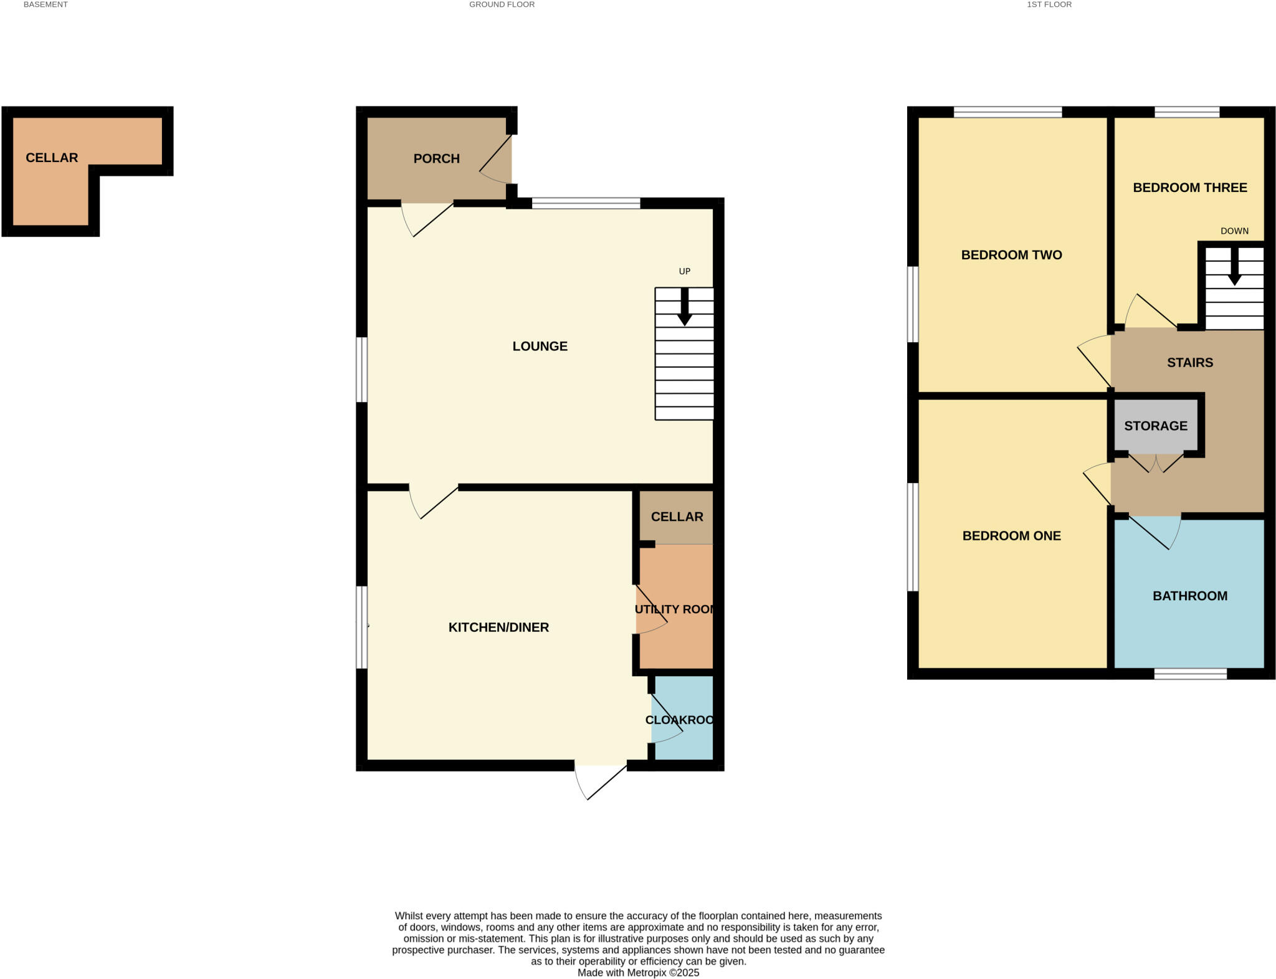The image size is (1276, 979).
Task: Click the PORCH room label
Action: coord(436,158)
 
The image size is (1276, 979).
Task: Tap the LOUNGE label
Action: coord(540,346)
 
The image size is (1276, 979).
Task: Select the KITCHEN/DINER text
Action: coord(498,627)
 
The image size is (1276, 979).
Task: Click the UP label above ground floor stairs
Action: coord(684,271)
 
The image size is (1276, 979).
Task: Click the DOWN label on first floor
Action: coord(1234,231)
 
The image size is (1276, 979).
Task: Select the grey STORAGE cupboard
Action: coord(1155,426)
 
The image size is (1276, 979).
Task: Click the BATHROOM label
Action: coord(1189,596)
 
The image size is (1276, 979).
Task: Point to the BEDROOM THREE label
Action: coord(1189,188)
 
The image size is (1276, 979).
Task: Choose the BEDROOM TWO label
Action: coord(1011,254)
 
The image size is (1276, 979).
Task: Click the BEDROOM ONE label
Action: coord(1011,535)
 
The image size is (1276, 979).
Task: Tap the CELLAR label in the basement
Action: coord(52,158)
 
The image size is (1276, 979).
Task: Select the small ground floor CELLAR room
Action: coord(677,517)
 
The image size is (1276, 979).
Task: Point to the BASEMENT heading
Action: coord(45,4)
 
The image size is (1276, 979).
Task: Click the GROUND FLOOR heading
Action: coord(502,4)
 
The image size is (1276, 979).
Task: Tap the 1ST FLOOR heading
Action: coord(1049,4)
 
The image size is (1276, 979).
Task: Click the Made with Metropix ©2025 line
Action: coord(638,973)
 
